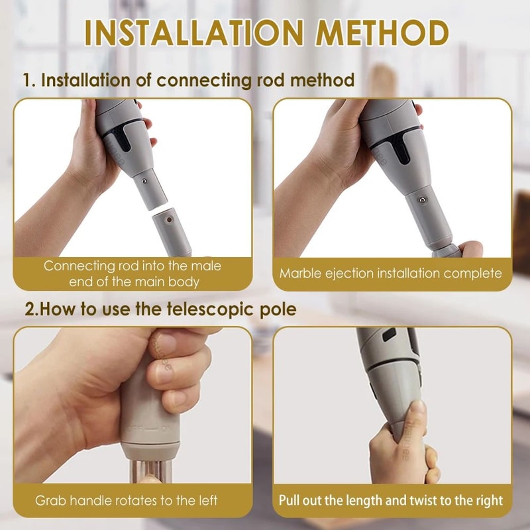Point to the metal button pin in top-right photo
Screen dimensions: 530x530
419,199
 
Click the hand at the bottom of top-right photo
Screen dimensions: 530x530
464,250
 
